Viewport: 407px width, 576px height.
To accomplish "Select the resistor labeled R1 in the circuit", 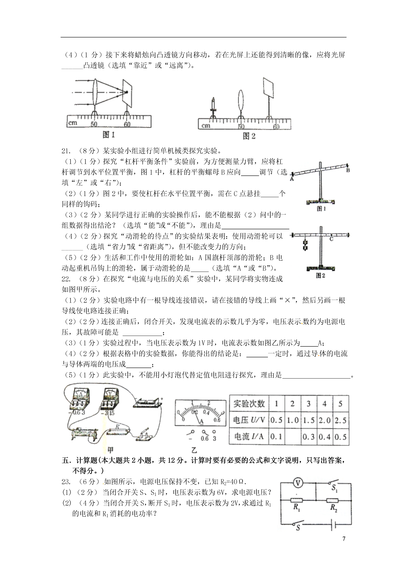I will tap(297, 500).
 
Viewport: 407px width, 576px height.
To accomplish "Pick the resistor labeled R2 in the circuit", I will tap(332, 500).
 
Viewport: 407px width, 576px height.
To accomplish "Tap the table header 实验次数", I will tap(249, 404).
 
